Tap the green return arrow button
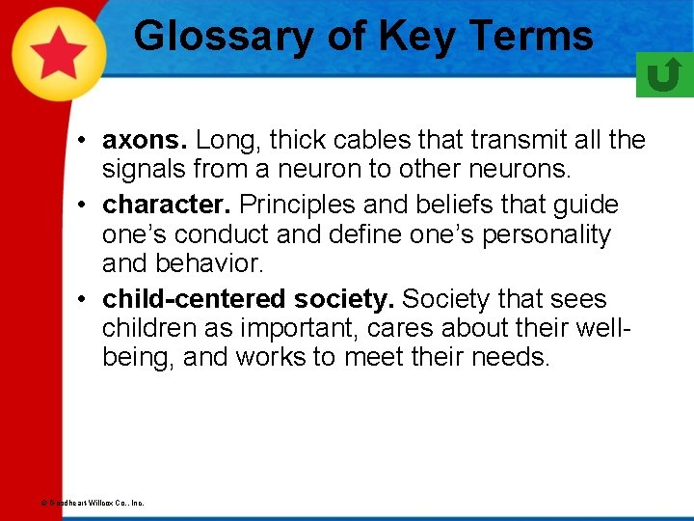pyautogui.click(x=664, y=74)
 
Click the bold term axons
pyautogui.click(x=139, y=140)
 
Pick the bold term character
pyautogui.click(x=168, y=205)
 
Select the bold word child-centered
pyautogui.click(x=184, y=298)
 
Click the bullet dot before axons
pyautogui.click(x=86, y=141)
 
